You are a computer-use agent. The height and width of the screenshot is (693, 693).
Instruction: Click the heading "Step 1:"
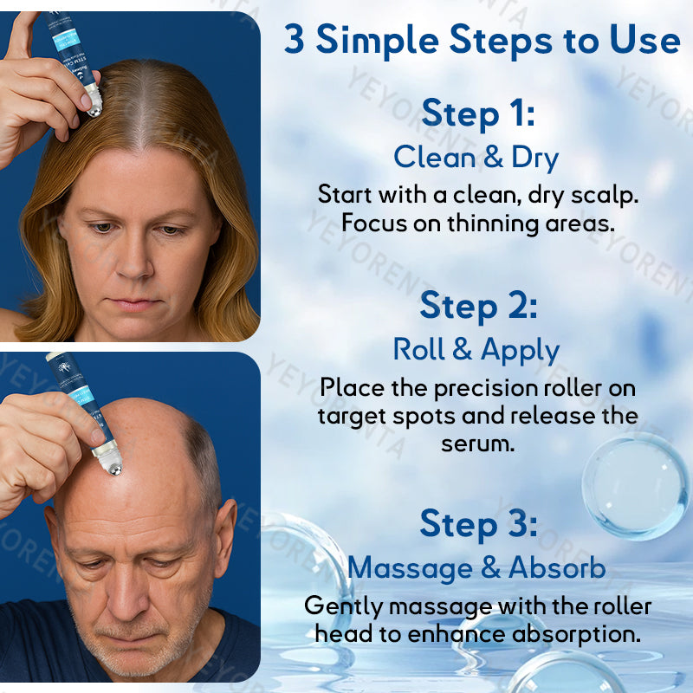coord(478,114)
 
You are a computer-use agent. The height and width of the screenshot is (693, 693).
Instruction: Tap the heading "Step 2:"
coord(478,306)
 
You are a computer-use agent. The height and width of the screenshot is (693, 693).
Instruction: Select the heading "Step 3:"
coord(478,524)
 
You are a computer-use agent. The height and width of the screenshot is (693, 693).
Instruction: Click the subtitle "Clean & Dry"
coord(476,158)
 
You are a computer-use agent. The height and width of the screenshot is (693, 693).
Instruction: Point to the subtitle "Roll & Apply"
coord(476,349)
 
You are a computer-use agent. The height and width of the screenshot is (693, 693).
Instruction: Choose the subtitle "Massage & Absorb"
coord(476,567)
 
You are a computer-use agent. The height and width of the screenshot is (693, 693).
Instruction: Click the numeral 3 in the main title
coord(295,40)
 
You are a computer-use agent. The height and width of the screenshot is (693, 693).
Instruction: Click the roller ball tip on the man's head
coord(110,461)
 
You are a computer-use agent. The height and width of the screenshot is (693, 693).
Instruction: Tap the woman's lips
coord(135,303)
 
